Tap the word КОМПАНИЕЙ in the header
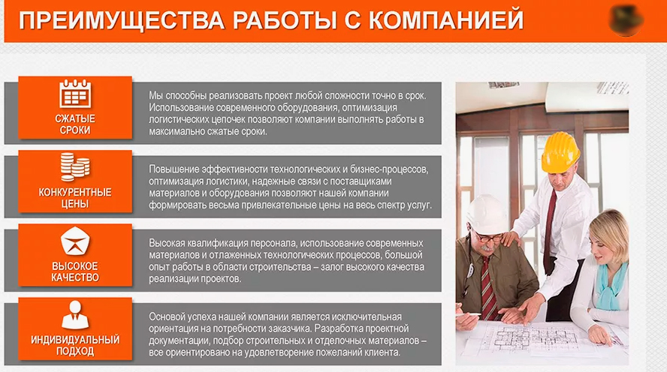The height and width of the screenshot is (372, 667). [x=445, y=20]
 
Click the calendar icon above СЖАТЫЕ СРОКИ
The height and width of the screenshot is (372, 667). [x=75, y=94]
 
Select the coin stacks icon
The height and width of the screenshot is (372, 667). [x=75, y=167]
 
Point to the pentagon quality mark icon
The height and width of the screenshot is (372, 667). [x=75, y=241]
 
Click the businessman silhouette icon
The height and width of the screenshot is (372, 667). [x=75, y=315]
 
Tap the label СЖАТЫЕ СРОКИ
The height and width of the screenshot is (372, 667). [x=75, y=124]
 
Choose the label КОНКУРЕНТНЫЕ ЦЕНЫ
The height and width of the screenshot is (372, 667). [x=75, y=198]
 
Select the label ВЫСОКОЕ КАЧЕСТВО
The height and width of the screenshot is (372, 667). [x=75, y=271]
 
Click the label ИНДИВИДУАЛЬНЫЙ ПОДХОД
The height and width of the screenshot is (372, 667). [x=75, y=345]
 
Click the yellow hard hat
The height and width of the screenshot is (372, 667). [x=560, y=152]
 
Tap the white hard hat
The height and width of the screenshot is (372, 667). [x=487, y=214]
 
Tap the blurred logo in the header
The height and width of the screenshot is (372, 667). [x=626, y=20]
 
